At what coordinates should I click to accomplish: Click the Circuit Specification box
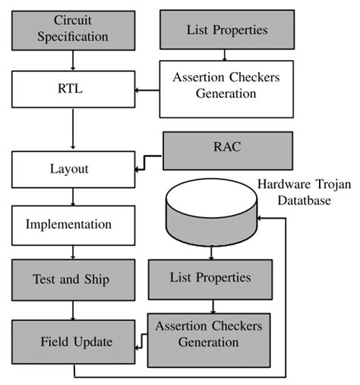point(73,28)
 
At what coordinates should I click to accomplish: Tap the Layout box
point(73,169)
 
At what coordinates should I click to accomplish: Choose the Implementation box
point(73,225)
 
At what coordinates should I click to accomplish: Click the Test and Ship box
point(73,279)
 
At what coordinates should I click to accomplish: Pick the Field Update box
point(73,342)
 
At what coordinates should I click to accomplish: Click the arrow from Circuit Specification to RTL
point(73,59)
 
